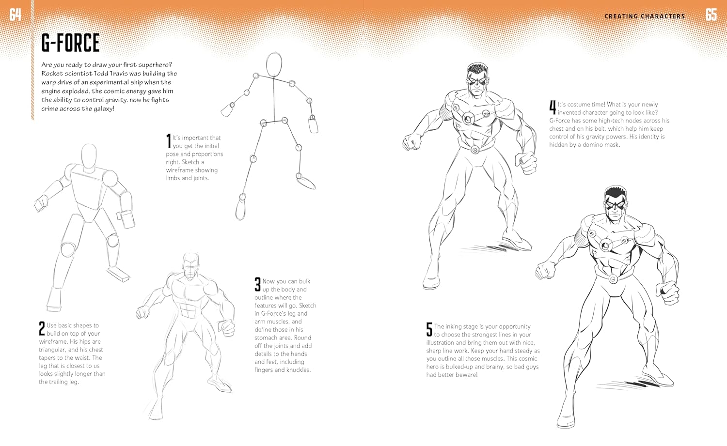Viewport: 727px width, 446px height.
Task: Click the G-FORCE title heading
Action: [70, 43]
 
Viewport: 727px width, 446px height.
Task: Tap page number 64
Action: [15, 15]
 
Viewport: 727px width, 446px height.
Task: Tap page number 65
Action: [711, 15]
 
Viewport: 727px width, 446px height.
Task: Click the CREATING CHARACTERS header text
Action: [645, 16]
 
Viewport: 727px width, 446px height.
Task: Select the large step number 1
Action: [169, 141]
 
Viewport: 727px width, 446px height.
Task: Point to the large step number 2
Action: [42, 329]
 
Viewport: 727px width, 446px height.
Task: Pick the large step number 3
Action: [258, 284]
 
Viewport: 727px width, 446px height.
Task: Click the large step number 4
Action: [553, 108]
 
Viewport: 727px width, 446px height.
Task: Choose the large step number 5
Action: [429, 330]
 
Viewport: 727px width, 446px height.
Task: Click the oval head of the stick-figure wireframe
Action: [274, 64]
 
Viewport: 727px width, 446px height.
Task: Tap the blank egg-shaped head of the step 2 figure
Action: [89, 156]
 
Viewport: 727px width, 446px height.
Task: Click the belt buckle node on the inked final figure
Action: [613, 278]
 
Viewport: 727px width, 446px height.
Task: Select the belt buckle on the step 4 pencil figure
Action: [475, 150]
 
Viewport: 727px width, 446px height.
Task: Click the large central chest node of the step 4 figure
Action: [468, 119]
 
